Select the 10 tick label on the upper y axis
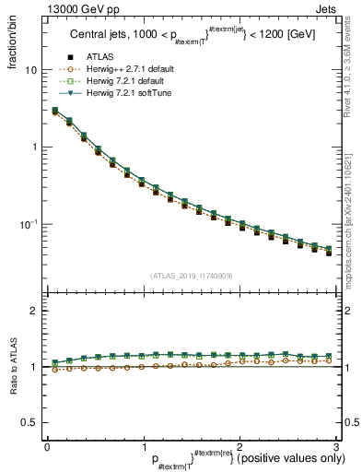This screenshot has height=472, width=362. pos(30,70)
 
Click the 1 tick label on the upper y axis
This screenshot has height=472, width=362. pos(33,147)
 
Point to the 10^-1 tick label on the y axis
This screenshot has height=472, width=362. pos(29,224)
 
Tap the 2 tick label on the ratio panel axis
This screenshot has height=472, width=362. pos(33,312)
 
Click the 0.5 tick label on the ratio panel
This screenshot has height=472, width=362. pos(29,422)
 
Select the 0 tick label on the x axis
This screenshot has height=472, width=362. pos(47,447)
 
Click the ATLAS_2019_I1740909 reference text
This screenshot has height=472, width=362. pos(191,276)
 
